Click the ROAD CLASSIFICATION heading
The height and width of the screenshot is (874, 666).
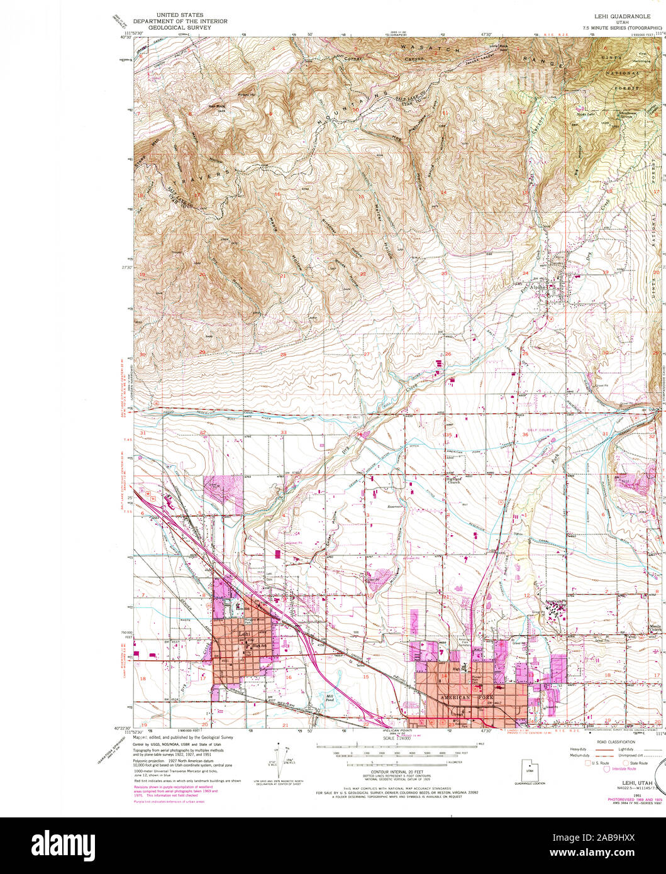click(x=616, y=742)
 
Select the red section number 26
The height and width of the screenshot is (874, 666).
click(x=448, y=355)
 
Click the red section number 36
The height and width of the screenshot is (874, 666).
click(x=524, y=434)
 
